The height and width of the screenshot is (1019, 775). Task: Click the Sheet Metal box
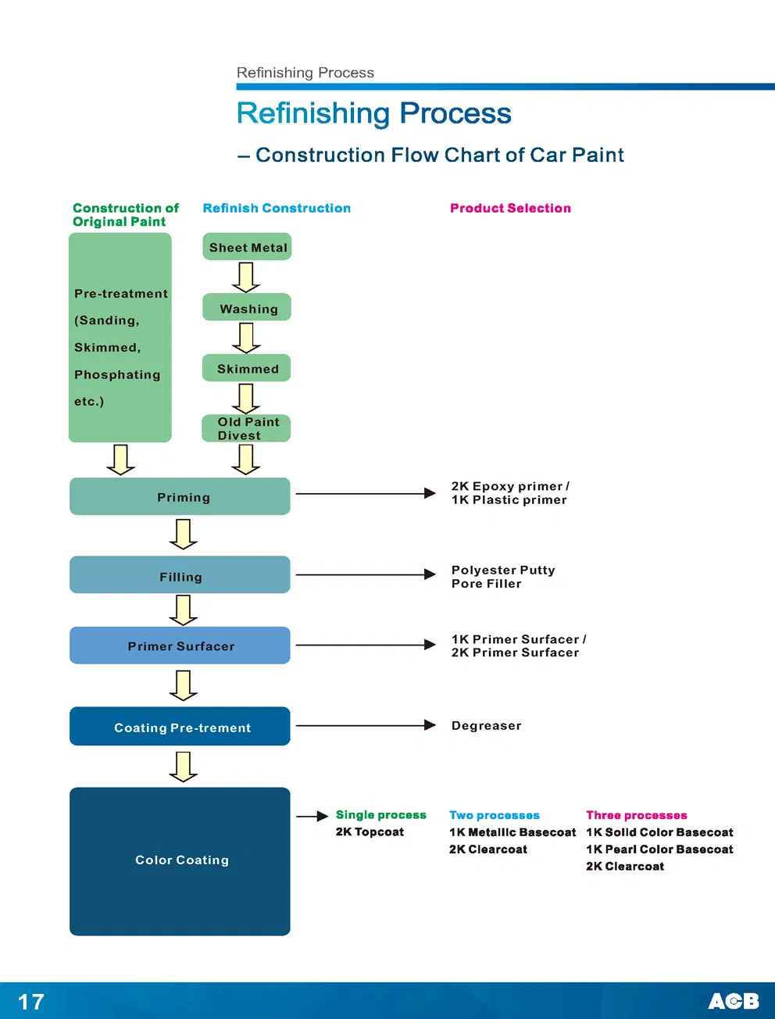click(x=247, y=247)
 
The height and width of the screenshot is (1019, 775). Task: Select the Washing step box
click(x=247, y=308)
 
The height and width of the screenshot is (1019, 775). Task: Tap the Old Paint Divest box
click(x=247, y=428)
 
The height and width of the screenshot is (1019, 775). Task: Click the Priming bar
click(x=180, y=497)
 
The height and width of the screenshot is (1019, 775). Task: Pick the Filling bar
click(x=180, y=576)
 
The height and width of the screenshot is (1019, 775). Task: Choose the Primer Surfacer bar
click(x=180, y=646)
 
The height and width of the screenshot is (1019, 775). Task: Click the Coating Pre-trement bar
click(x=180, y=727)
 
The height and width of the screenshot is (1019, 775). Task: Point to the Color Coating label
click(x=182, y=860)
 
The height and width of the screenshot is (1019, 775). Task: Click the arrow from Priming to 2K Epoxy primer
click(x=365, y=494)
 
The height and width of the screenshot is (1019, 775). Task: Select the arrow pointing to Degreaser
click(x=365, y=725)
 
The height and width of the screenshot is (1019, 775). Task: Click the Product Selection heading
click(x=510, y=208)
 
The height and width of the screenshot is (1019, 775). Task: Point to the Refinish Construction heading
click(x=277, y=208)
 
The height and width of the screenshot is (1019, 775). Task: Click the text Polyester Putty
click(x=503, y=570)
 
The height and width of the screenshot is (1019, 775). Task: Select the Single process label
click(x=380, y=815)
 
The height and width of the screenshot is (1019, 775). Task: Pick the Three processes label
click(x=637, y=815)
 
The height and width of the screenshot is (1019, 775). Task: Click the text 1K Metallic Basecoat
click(x=512, y=832)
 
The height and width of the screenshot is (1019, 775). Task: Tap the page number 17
click(x=31, y=1002)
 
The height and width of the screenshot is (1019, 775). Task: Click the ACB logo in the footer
click(x=733, y=1001)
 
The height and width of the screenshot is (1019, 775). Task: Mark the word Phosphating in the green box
click(x=117, y=374)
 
